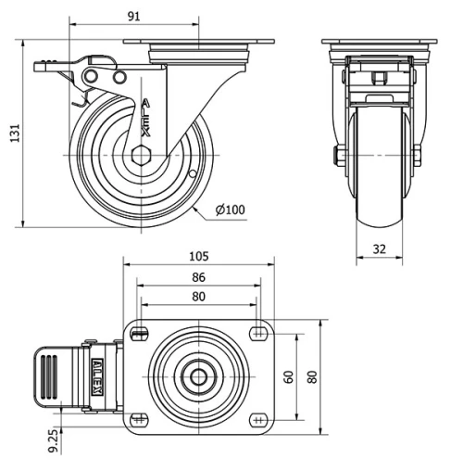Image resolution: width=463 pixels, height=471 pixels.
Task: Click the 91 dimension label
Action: (x=134, y=16)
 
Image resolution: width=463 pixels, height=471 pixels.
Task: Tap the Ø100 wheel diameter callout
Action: (x=230, y=210)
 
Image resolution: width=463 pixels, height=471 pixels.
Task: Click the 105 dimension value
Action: (x=199, y=257)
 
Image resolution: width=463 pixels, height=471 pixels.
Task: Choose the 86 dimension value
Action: (x=199, y=276)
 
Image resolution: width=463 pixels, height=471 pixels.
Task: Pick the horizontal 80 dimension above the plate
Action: (x=199, y=298)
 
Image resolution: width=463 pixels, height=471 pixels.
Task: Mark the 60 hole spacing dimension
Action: (x=289, y=376)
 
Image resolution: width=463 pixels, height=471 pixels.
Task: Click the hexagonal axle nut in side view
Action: (x=143, y=155)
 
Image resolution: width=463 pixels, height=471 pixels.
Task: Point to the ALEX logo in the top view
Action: (x=96, y=376)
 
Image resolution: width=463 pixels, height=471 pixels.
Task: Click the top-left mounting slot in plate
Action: (x=141, y=334)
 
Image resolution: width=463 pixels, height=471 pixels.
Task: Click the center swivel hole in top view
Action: (x=199, y=376)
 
